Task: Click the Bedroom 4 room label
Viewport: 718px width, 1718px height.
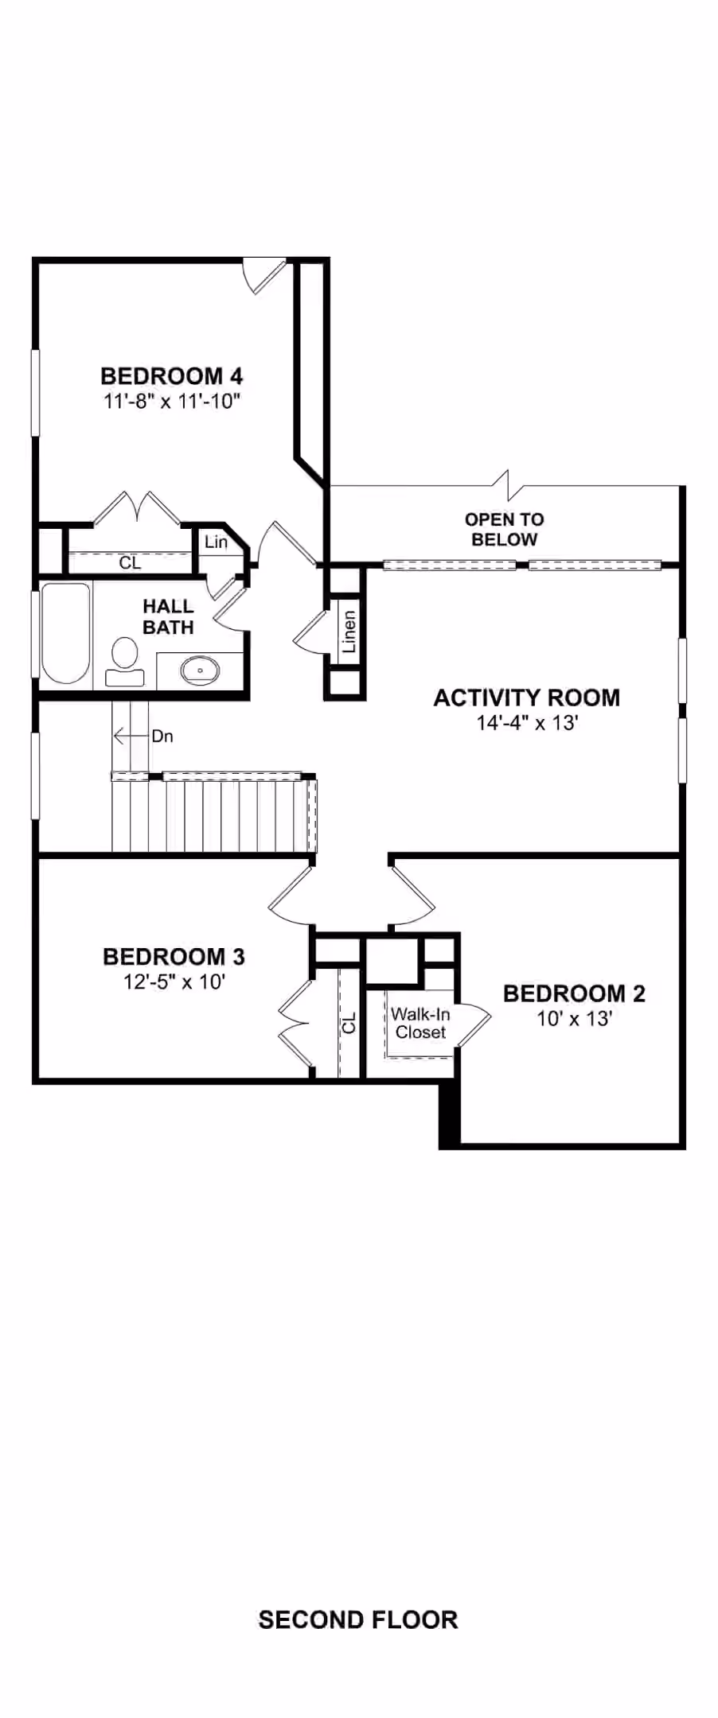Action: click(x=172, y=375)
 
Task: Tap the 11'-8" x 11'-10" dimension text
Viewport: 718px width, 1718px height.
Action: click(x=172, y=401)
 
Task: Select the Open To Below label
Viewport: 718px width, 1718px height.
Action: click(x=505, y=530)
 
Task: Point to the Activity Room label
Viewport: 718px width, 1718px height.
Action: click(x=527, y=698)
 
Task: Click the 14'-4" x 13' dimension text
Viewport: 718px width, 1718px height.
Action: click(x=527, y=723)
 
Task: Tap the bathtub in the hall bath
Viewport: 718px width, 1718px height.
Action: click(x=65, y=634)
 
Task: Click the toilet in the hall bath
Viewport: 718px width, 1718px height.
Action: click(x=125, y=662)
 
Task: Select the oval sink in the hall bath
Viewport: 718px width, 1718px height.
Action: click(x=200, y=670)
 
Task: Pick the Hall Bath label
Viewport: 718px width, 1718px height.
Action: click(x=168, y=617)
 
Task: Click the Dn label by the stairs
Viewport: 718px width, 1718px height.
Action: click(x=162, y=737)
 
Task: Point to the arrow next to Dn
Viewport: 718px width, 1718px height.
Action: click(x=131, y=737)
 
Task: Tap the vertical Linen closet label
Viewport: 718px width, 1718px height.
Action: click(x=349, y=632)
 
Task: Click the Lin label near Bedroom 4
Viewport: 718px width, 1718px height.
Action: click(x=216, y=542)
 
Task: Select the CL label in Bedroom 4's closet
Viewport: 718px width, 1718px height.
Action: click(x=131, y=563)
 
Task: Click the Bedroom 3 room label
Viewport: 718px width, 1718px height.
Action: click(x=174, y=956)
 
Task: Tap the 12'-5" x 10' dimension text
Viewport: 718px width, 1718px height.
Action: click(x=174, y=981)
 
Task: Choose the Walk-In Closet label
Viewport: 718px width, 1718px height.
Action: click(x=420, y=1023)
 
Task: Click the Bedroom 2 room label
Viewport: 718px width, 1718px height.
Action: click(x=574, y=993)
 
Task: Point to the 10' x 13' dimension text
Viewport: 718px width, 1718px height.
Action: click(x=574, y=1018)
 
